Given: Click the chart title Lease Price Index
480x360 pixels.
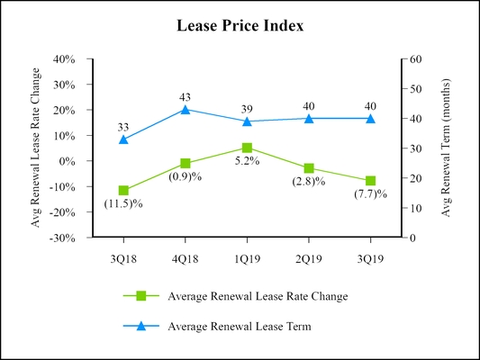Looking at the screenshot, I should click(240, 26).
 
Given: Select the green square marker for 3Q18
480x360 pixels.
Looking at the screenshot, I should click(123, 191).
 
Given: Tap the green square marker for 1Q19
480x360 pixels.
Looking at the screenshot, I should click(247, 148).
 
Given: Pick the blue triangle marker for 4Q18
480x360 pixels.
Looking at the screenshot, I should click(186, 110).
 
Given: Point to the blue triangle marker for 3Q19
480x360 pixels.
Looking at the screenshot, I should click(370, 118).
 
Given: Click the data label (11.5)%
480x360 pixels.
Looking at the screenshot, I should click(123, 203).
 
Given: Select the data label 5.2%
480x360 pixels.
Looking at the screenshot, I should click(247, 161).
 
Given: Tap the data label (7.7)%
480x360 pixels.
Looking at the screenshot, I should click(370, 194).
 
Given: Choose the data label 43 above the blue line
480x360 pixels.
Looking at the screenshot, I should click(186, 97).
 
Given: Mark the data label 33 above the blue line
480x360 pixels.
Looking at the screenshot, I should click(123, 127).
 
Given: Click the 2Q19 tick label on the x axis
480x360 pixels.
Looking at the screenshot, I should click(309, 255).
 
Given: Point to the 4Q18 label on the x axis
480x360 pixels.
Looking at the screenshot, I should click(186, 255).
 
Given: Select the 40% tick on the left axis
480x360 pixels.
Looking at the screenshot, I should click(64, 59).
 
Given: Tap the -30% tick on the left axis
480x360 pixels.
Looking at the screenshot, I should click(62, 238).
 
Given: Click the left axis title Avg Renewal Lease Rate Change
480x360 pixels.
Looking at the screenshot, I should click(36, 148).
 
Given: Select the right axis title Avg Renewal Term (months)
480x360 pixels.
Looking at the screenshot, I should click(445, 148).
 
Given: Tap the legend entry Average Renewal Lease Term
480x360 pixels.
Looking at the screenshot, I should click(240, 327).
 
